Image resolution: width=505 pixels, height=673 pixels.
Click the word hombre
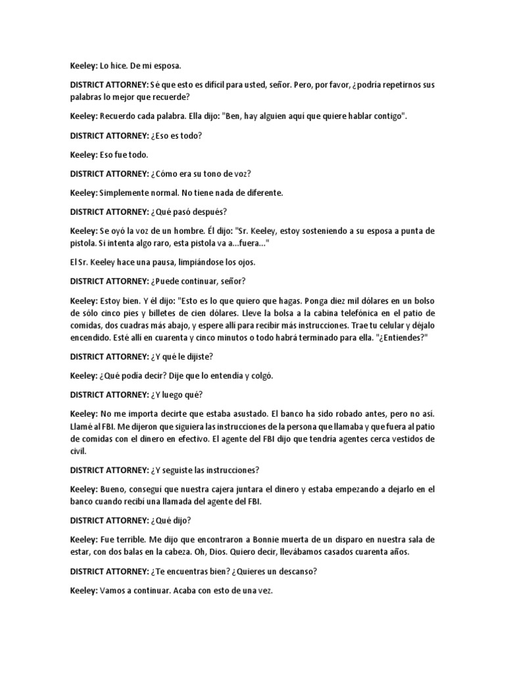click(196, 231)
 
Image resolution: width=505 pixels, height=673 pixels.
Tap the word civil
click(78, 452)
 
